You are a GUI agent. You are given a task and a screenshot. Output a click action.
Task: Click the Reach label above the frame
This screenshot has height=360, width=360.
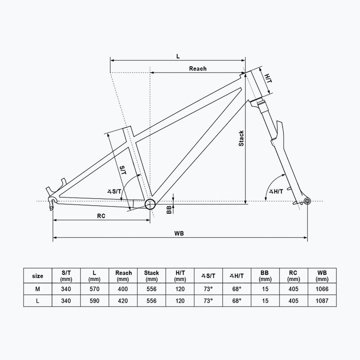click(198, 68)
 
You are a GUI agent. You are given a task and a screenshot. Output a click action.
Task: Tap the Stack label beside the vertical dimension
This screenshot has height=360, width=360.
click(241, 138)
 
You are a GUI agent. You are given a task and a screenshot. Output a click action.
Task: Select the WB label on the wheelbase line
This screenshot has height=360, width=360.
click(179, 234)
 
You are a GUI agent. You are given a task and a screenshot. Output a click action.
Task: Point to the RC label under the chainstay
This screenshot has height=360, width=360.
click(101, 216)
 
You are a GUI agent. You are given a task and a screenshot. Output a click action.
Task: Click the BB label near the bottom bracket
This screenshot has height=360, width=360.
click(169, 210)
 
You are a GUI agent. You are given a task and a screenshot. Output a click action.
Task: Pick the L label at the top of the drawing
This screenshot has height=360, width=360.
click(178, 56)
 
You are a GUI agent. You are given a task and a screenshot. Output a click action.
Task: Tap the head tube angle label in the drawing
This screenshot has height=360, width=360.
click(276, 191)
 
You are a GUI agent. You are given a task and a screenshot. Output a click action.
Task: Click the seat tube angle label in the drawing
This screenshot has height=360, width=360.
click(114, 191)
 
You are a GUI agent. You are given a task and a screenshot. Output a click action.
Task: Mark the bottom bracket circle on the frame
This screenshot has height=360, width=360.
click(150, 204)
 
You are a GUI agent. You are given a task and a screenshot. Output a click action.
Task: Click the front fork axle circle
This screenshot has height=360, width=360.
click(307, 201)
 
